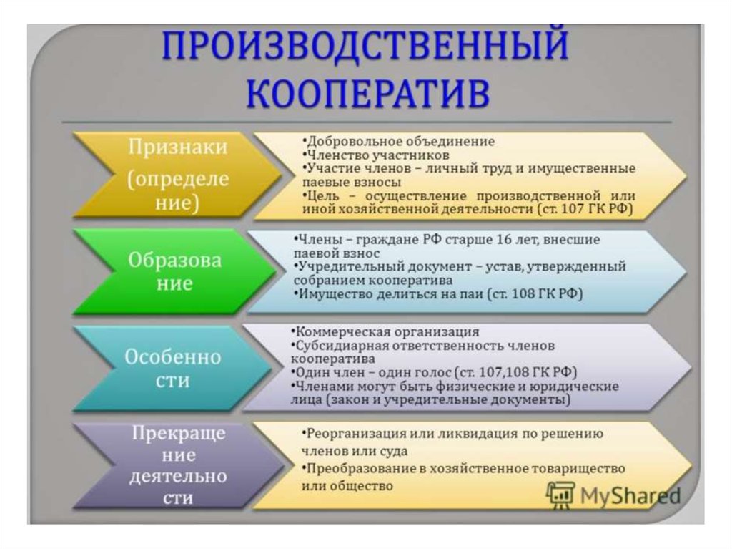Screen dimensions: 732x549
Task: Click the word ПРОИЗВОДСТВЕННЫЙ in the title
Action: click(365, 45)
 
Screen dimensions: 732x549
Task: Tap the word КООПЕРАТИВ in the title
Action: click(368, 92)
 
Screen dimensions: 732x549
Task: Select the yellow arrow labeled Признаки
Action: click(177, 175)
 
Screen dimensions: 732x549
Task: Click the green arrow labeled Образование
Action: click(174, 271)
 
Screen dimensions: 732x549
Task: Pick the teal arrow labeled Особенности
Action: click(173, 368)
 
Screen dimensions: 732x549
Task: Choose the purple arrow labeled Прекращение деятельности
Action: click(178, 465)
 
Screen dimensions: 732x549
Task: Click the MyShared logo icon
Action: click(560, 495)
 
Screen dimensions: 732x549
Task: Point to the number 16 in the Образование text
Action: click(504, 240)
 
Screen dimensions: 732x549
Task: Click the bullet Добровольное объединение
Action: click(399, 141)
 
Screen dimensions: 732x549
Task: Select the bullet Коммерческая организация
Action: click(385, 332)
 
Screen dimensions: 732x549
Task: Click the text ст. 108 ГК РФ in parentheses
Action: click(535, 294)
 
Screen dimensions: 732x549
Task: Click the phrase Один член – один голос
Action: click(373, 373)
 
